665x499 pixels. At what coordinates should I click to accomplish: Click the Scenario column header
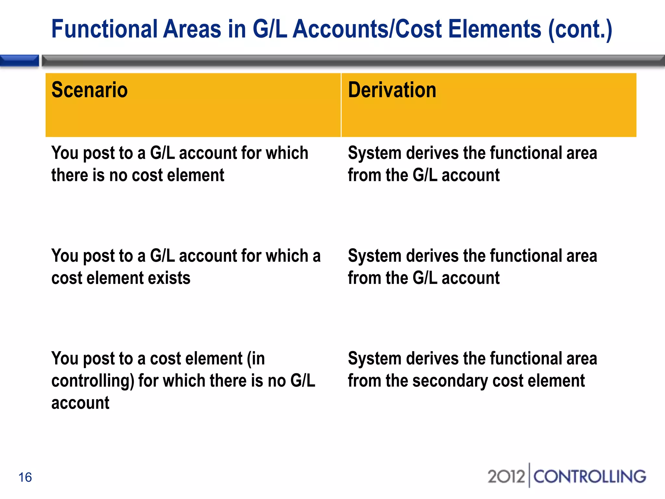click(89, 90)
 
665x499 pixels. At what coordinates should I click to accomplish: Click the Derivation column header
click(392, 90)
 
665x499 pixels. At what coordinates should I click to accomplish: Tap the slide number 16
click(25, 477)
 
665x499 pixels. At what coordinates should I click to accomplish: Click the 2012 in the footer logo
click(506, 477)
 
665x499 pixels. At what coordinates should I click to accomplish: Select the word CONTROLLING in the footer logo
click(589, 477)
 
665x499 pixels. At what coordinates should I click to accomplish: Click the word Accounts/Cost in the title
click(367, 29)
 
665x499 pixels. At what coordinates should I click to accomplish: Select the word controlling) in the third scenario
click(93, 381)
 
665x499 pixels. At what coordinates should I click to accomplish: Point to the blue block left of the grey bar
click(19, 61)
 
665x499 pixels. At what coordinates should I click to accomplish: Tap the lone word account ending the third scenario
click(80, 403)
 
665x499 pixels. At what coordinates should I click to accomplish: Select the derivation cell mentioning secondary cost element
click(472, 370)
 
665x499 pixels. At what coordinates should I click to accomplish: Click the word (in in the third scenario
click(256, 359)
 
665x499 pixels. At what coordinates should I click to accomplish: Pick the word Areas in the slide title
click(192, 29)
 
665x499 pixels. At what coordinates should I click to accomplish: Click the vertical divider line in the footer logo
click(529, 475)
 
